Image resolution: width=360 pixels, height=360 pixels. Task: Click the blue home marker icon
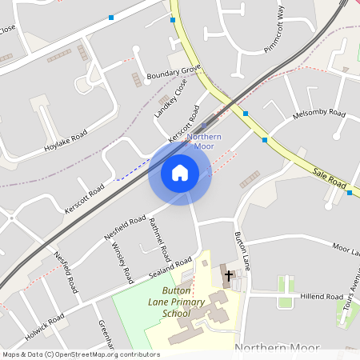tap(179, 172)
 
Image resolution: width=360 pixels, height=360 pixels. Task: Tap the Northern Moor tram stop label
tap(203, 141)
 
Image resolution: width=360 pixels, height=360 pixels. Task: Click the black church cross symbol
tap(228, 275)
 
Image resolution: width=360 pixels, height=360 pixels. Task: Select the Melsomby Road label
tap(318, 114)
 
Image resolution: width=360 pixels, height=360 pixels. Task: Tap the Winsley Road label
tap(122, 263)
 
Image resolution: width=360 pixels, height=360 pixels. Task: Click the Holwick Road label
tap(44, 327)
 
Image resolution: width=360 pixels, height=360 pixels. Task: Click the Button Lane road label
tap(242, 250)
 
